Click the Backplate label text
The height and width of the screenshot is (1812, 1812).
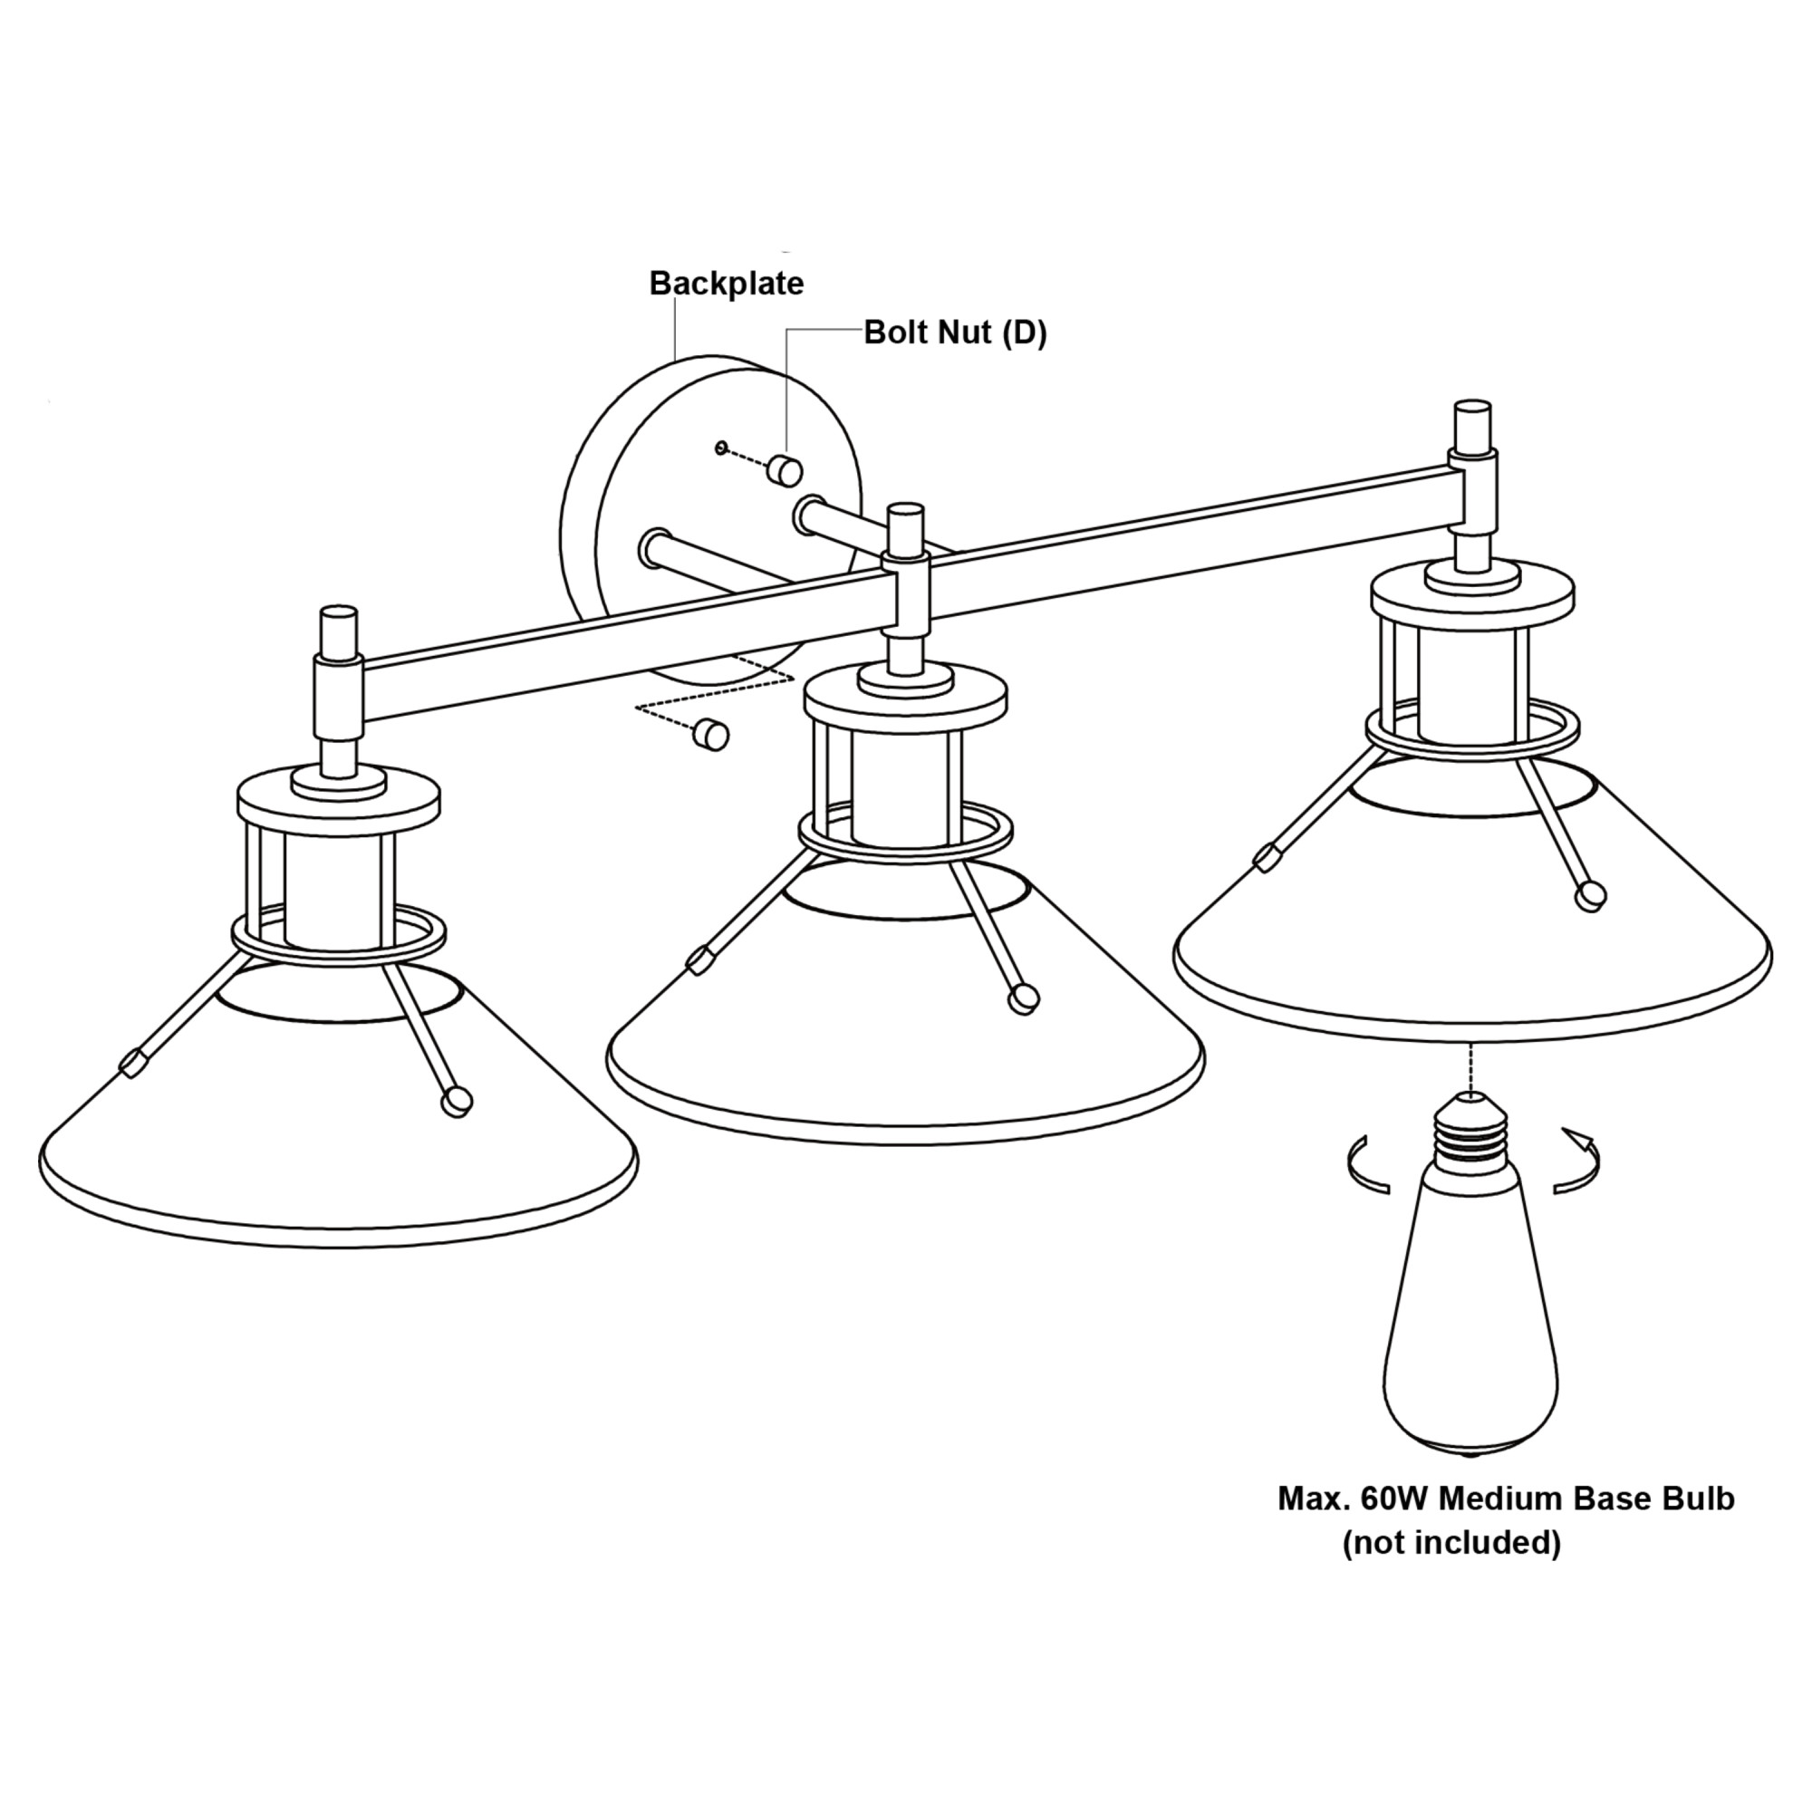click(727, 284)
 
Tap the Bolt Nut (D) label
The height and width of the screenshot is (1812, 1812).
click(955, 333)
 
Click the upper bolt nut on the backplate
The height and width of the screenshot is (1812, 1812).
click(783, 469)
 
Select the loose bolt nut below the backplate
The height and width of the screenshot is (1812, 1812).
click(711, 735)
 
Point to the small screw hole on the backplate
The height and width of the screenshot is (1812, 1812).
click(721, 448)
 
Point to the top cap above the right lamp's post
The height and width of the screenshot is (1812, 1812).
click(1472, 427)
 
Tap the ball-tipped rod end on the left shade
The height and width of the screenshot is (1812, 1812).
click(458, 1101)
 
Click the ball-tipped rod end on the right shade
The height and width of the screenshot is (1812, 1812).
click(1591, 896)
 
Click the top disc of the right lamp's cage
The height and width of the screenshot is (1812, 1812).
click(1472, 591)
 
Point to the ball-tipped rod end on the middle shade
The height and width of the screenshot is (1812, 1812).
click(1024, 998)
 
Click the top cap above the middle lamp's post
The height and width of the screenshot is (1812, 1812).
click(906, 529)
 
